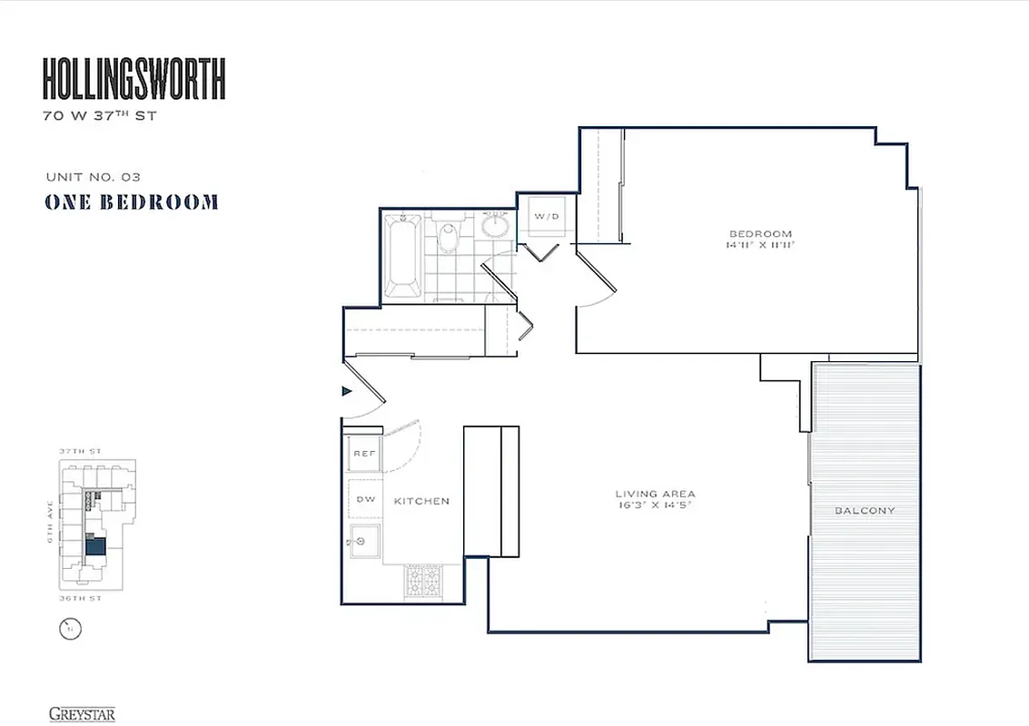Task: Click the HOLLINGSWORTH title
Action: [134, 79]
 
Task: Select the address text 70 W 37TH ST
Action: [99, 116]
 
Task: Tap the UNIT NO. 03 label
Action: [93, 177]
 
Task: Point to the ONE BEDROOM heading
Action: [132, 202]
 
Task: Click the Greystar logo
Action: [82, 714]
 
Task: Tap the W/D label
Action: [546, 217]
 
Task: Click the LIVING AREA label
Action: [654, 495]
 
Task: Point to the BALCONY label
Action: [865, 511]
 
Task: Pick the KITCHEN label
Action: [421, 501]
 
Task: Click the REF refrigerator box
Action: [363, 453]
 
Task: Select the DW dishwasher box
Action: [364, 499]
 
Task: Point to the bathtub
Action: [403, 256]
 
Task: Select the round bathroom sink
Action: [496, 224]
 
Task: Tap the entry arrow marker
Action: [346, 391]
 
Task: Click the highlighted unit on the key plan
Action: [95, 546]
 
